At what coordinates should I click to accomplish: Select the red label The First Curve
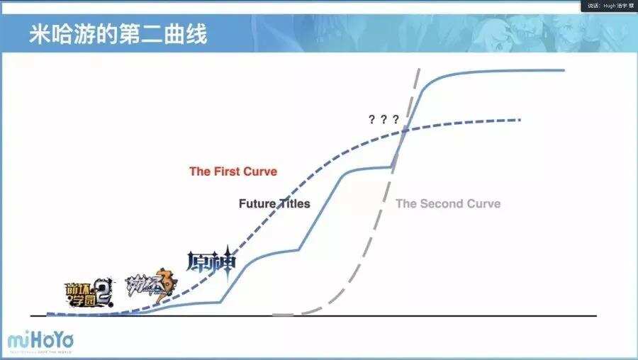coord(233,171)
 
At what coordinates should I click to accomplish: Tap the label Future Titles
coord(274,203)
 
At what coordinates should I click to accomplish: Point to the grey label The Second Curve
coord(447,203)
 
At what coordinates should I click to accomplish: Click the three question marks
coord(384,119)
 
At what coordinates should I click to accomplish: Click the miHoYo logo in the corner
coord(40,341)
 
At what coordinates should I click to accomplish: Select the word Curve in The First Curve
coord(259,171)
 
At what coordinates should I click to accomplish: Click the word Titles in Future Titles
coord(293,203)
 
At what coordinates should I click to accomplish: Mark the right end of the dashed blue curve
coord(520,120)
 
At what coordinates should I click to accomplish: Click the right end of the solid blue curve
coord(564,70)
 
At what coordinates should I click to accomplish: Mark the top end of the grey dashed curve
coord(418,69)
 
